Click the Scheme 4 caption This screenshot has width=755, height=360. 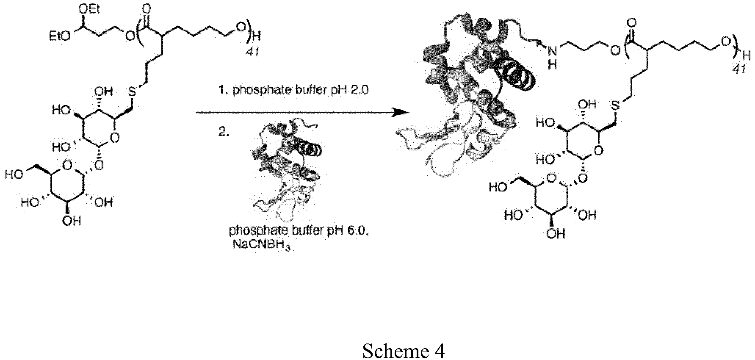(x=404, y=351)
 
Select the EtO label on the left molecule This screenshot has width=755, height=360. (x=60, y=38)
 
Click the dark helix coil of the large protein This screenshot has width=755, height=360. (x=518, y=75)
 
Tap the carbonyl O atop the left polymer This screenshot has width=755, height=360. (x=147, y=8)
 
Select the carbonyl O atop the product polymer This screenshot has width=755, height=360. (x=632, y=22)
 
